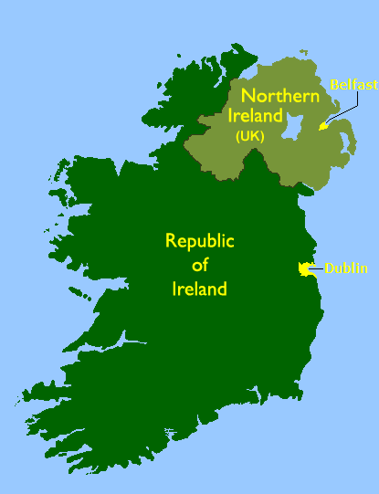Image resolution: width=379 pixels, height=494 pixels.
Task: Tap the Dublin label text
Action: click(x=346, y=268)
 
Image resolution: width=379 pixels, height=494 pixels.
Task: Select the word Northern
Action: click(x=280, y=96)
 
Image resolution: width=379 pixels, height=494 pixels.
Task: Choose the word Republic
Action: click(x=199, y=241)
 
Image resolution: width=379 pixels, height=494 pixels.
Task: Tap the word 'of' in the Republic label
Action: click(x=200, y=266)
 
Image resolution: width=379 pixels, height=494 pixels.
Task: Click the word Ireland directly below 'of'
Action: click(x=199, y=289)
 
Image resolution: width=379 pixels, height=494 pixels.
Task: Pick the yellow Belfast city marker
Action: click(x=321, y=127)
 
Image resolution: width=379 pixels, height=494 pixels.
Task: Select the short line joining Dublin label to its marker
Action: click(x=317, y=268)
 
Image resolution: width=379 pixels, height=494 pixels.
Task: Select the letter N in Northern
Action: click(x=247, y=96)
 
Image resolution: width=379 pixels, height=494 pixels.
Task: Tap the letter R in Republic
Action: click(x=170, y=241)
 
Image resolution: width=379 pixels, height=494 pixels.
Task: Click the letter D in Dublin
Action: click(x=329, y=268)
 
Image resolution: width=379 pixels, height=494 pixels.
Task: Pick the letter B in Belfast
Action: click(x=335, y=84)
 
